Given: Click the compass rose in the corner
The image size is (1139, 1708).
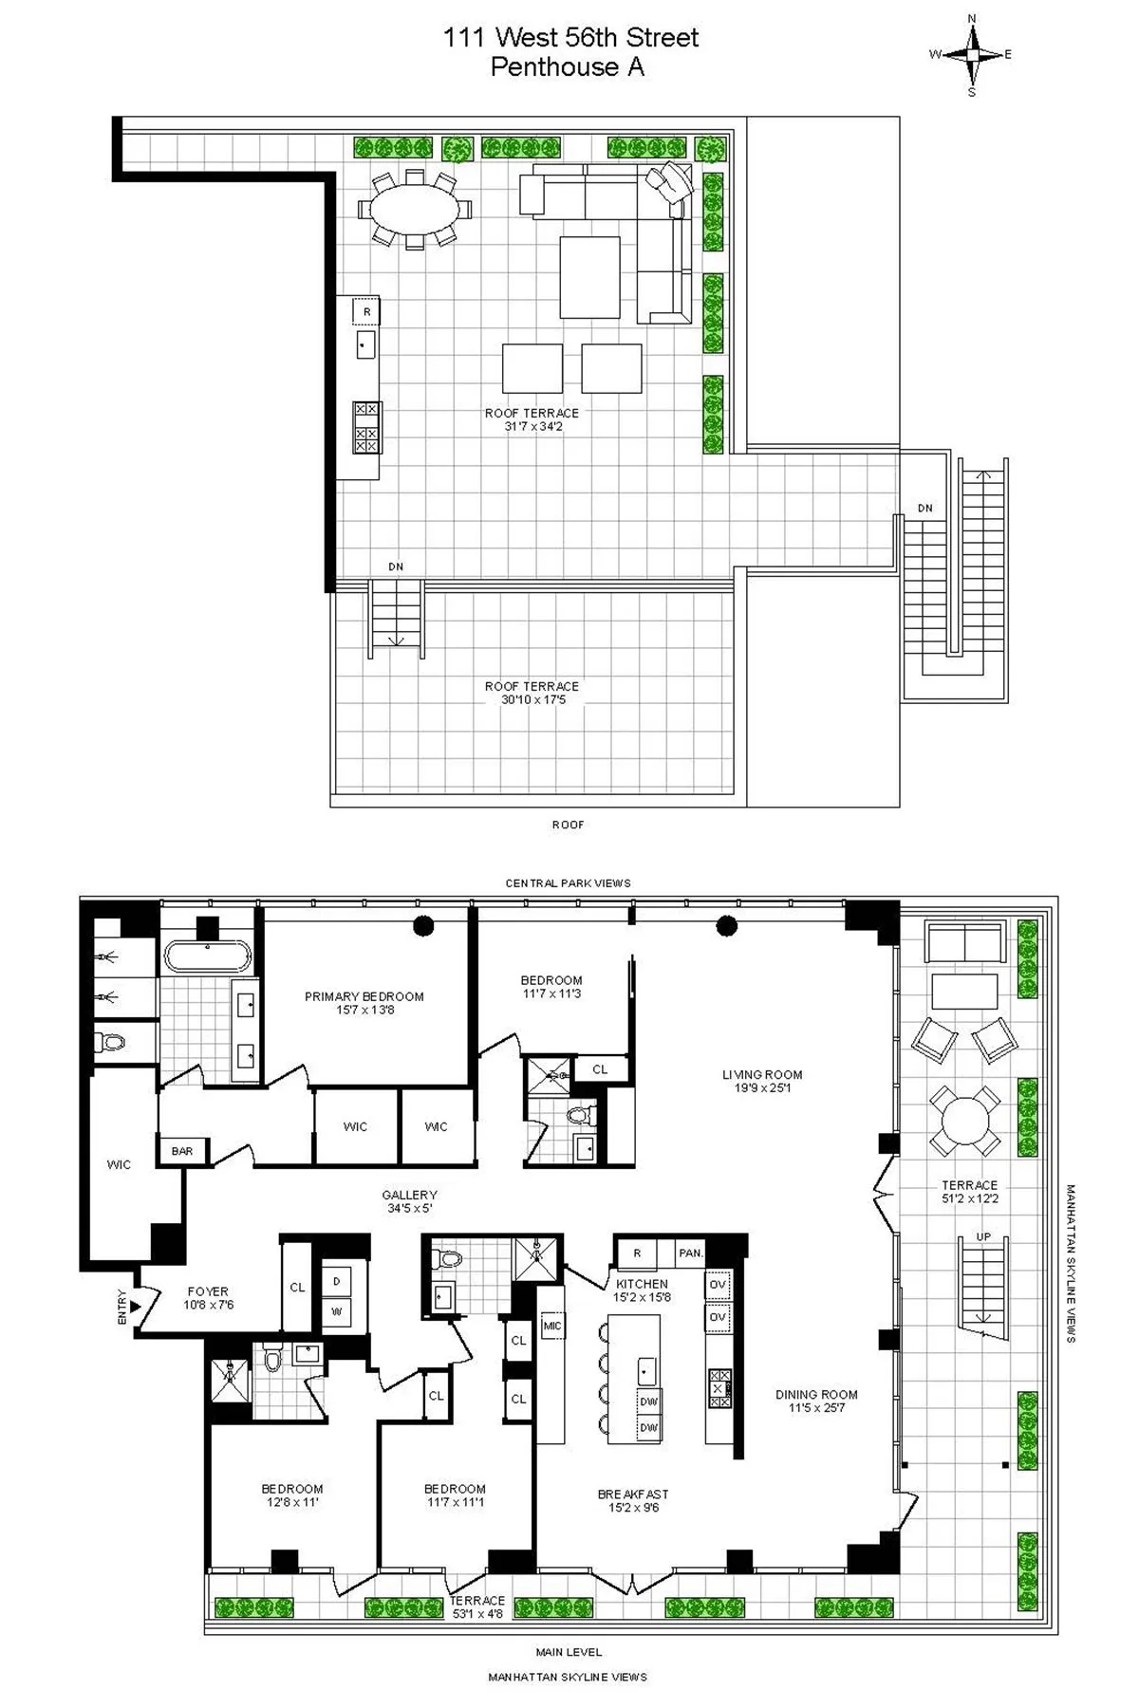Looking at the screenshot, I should pos(971,54).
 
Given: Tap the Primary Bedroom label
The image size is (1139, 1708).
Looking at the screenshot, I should pos(364,996).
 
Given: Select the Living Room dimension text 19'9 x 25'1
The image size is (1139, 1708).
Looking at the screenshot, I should pos(762,1088).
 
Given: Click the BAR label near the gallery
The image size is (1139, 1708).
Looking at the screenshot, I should pos(182,1151).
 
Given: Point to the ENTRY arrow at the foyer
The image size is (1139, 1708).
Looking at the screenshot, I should pos(136,1307).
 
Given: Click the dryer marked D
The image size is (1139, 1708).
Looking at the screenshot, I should pos(336,1281).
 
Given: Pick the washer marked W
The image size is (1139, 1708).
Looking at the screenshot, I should pos(336,1312).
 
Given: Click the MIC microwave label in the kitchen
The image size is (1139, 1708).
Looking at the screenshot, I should pos(552,1326).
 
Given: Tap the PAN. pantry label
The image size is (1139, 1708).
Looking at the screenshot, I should pos(691,1253).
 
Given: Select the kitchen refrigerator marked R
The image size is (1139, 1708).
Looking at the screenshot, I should pos(637,1253).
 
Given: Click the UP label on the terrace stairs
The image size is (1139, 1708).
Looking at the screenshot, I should pos(983,1236).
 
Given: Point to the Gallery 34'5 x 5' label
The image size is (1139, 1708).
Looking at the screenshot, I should pos(410,1201).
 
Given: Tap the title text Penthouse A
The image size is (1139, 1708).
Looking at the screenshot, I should pos(568,67).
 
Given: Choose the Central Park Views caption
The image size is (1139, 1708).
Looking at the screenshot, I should pos(568,882).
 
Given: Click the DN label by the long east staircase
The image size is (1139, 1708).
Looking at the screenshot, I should pos(924,509).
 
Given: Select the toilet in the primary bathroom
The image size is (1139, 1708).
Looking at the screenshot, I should pos(114,1043).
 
